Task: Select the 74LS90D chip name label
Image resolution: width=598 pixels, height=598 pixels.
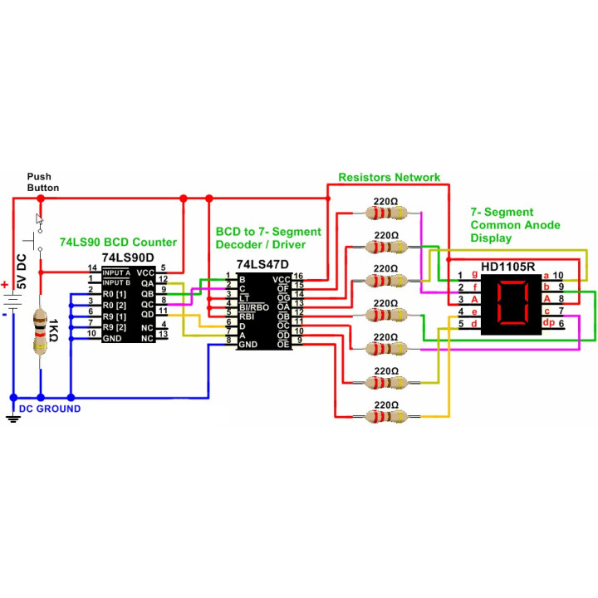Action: point(128,257)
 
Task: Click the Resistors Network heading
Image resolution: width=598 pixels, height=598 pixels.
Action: point(389,177)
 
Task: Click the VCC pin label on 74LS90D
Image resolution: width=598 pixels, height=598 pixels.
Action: point(145,272)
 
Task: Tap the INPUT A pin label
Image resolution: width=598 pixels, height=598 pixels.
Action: point(117,272)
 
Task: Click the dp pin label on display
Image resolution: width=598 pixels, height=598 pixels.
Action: point(548,322)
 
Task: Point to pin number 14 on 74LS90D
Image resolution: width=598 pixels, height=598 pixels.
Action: point(93,267)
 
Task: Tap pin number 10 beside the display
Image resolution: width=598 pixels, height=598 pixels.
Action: point(559,275)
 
